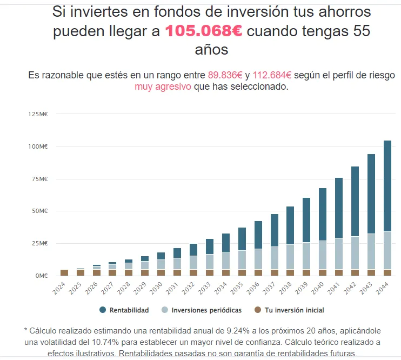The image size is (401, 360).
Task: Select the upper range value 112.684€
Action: click(272, 76)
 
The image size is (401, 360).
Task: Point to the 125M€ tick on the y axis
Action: click(39, 114)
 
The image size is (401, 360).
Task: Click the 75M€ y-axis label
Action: click(41, 179)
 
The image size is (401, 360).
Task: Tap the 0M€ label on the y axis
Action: click(42, 276)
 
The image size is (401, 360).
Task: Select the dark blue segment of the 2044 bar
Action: click(387, 186)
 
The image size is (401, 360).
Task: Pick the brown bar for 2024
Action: click(64, 272)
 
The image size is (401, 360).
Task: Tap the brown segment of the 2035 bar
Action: click(242, 272)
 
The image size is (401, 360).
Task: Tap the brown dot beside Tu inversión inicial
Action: click(258, 310)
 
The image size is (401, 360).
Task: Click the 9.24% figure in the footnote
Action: click(234, 331)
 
